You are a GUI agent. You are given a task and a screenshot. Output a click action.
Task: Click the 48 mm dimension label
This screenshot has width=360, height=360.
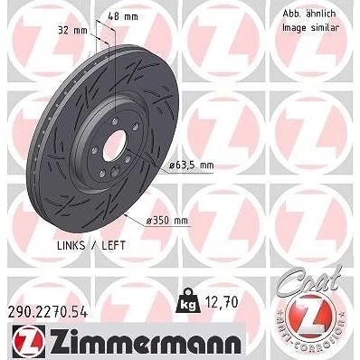click(x=123, y=16)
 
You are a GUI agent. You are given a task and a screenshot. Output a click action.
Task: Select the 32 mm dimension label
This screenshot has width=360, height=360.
click(x=72, y=30)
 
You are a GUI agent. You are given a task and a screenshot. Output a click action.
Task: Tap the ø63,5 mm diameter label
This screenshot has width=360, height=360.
click(x=192, y=166)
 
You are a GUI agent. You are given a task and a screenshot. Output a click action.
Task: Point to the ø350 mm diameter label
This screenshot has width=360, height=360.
click(x=166, y=221)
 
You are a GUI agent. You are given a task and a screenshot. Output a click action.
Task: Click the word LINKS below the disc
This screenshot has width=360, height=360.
click(x=71, y=246)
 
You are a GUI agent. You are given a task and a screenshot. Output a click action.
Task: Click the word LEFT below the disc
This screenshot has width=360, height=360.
click(x=114, y=246)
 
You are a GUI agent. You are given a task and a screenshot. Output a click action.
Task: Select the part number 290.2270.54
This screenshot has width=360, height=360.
click(x=48, y=313)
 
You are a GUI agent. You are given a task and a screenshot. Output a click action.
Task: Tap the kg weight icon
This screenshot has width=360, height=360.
click(x=188, y=301)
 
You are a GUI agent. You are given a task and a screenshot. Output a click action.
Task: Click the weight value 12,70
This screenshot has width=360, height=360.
click(x=222, y=302)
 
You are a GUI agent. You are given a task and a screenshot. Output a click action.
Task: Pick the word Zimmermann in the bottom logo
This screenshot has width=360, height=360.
click(x=146, y=342)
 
